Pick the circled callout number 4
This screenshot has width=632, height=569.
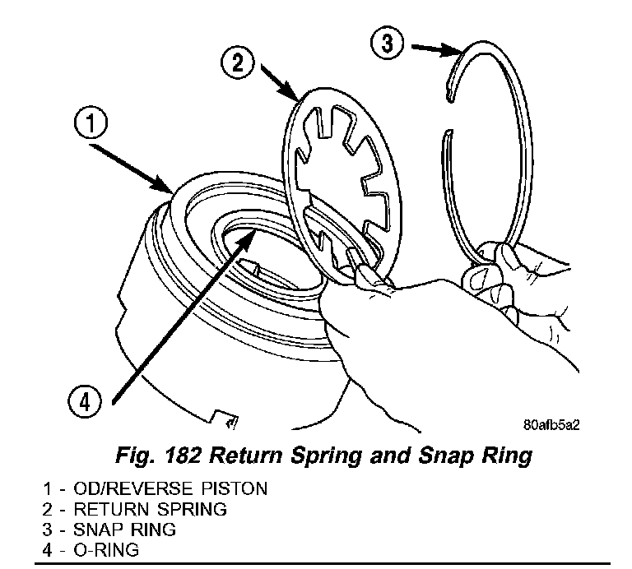click(86, 403)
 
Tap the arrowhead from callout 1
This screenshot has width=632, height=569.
click(170, 188)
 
